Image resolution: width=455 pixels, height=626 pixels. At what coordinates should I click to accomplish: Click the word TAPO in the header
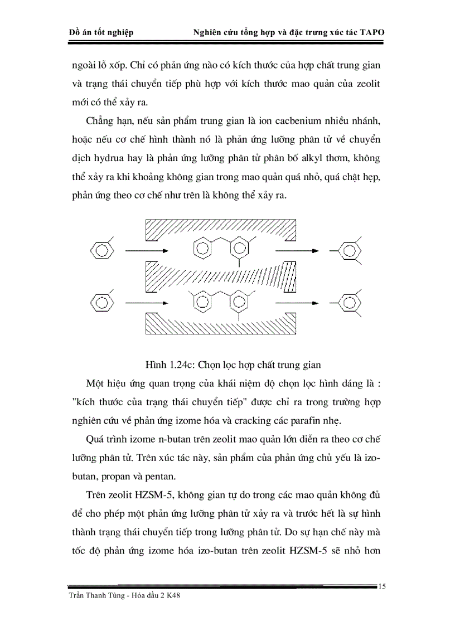(x=371, y=32)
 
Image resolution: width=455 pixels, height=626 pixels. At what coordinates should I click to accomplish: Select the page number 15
(x=383, y=586)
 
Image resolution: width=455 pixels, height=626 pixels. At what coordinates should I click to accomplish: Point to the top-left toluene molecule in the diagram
(x=101, y=250)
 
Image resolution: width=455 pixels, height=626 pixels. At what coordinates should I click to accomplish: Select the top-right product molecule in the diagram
(x=348, y=250)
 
